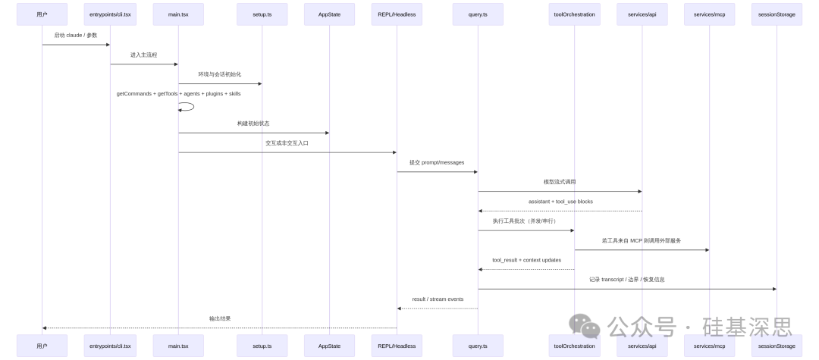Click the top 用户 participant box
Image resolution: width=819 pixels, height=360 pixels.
coord(42,14)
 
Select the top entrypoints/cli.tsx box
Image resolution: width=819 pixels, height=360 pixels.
coord(110,14)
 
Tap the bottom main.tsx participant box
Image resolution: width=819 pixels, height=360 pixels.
coord(178,345)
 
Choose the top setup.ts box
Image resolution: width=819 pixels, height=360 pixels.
coord(262,14)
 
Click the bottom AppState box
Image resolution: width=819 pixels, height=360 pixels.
coord(329,345)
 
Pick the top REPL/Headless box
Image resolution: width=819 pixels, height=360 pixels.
coord(397,14)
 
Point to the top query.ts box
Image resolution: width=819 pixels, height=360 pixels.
coord(478,14)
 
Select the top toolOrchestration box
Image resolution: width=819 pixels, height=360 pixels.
coord(574,14)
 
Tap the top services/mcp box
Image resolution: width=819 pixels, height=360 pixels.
coord(710,14)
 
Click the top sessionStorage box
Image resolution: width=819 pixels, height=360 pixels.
coord(777,14)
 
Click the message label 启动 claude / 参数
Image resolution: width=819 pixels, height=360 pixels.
coord(76,35)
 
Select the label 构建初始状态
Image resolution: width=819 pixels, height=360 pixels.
coord(253,123)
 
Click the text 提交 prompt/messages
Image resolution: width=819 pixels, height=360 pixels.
coord(437,162)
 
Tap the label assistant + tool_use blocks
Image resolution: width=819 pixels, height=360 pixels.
coord(560,202)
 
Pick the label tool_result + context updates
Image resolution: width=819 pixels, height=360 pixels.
coord(526,260)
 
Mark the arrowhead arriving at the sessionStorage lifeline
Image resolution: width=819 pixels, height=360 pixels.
coord(773,289)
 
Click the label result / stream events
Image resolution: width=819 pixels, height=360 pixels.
coord(438,299)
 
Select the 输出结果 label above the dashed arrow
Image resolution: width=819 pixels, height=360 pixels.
coord(220,318)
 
